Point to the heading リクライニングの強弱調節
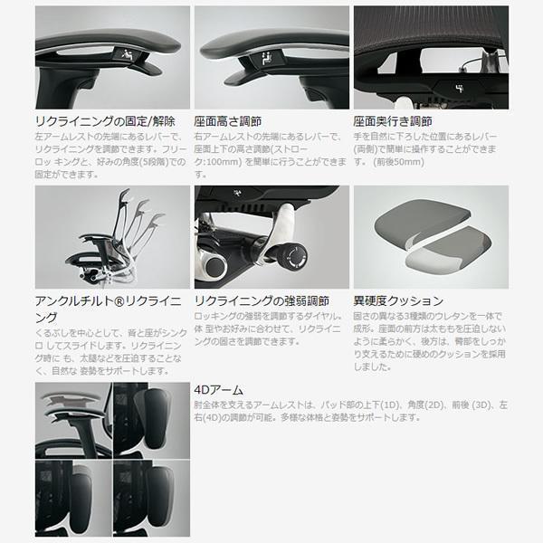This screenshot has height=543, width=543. click(x=261, y=300)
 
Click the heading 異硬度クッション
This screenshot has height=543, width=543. click(x=397, y=300)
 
